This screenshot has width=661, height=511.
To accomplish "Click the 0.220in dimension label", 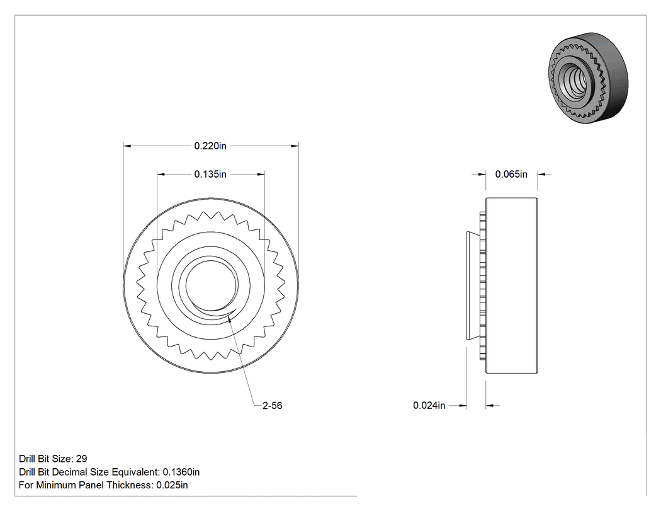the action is tap(210, 146).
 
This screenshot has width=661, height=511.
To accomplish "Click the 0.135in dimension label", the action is tap(210, 175).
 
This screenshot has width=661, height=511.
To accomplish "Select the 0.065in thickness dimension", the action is tap(511, 175).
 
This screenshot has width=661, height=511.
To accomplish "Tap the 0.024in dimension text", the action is tap(429, 406).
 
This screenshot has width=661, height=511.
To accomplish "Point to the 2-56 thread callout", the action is tap(273, 406).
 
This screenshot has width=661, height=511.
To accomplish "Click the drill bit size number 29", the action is tap(81, 459).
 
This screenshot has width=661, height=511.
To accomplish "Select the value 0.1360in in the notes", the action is tap(181, 472).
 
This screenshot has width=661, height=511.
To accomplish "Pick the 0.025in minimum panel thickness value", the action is tap(172, 485).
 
